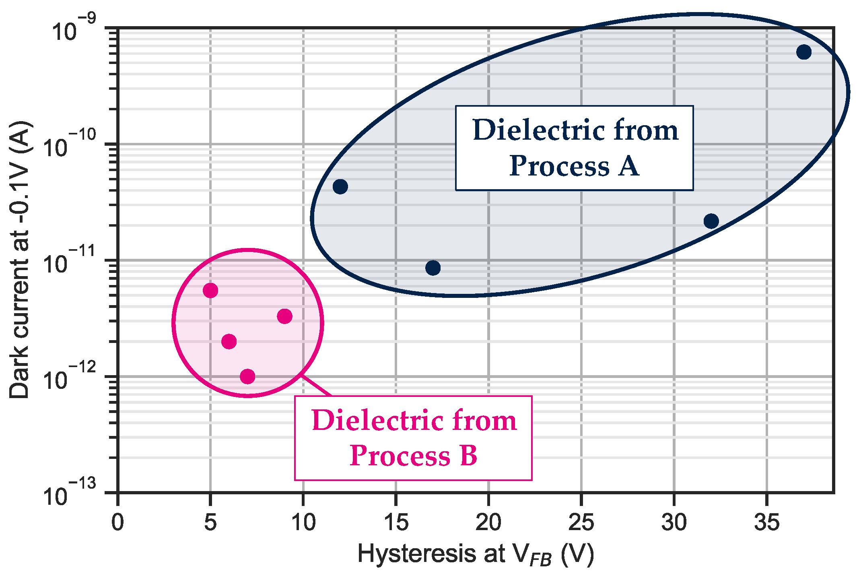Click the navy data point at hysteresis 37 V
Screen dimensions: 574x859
(x=803, y=52)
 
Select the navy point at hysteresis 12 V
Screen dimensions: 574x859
(x=340, y=186)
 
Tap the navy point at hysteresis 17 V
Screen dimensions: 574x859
(x=433, y=268)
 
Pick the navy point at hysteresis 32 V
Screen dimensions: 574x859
(x=711, y=221)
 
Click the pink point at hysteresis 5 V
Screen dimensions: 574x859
(x=210, y=290)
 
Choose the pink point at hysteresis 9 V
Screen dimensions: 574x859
(x=284, y=316)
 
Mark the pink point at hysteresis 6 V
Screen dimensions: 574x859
(x=229, y=342)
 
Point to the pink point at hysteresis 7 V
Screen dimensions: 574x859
(x=247, y=376)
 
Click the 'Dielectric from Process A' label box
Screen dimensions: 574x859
(x=574, y=148)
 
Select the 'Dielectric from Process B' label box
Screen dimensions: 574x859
(x=413, y=438)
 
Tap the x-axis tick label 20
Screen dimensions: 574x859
(x=488, y=522)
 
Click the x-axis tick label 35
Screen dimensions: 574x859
(x=766, y=522)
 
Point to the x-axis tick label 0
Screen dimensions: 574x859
(x=117, y=522)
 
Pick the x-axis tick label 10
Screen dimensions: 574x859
(x=303, y=522)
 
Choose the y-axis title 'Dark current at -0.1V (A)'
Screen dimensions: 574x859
(x=19, y=260)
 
